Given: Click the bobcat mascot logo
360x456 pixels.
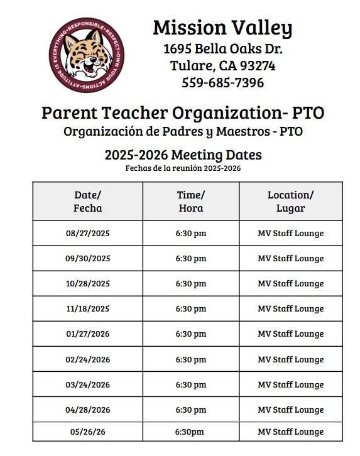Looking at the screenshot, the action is [87, 56].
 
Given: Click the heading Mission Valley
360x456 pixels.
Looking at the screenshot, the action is [222, 28].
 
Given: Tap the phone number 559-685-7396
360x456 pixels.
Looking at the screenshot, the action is [222, 82].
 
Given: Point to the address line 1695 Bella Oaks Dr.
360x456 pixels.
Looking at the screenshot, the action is [222, 48].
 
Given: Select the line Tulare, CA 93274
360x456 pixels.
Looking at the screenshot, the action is [222, 65].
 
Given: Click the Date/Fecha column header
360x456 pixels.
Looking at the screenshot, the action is [88, 201].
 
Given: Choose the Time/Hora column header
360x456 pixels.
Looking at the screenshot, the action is [191, 201].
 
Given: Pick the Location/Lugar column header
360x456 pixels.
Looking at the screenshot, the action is [290, 201].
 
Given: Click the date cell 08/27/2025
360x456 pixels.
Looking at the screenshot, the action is [88, 233].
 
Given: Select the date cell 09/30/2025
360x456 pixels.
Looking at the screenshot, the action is [88, 258].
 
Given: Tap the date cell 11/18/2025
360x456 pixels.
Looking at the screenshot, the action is [88, 308].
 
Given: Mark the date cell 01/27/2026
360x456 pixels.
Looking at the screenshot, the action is [88, 334].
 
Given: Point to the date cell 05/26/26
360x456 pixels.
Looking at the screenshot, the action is [88, 432].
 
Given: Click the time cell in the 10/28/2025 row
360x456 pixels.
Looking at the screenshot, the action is [191, 283].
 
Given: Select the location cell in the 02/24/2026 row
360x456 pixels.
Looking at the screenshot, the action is [290, 359].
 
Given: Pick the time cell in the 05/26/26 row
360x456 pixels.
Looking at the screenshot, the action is [191, 432].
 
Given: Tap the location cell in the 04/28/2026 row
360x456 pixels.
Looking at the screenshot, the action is [290, 410].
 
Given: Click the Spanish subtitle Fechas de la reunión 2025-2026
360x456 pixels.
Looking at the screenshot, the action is [183, 168].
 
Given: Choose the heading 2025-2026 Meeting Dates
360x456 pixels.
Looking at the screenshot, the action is [183, 155].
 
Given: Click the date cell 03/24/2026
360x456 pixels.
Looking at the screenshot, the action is [88, 384].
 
